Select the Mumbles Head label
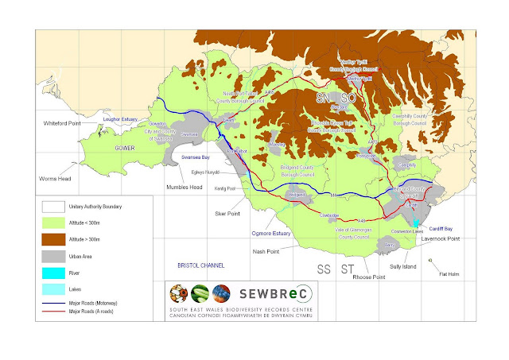(x=185, y=188)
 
